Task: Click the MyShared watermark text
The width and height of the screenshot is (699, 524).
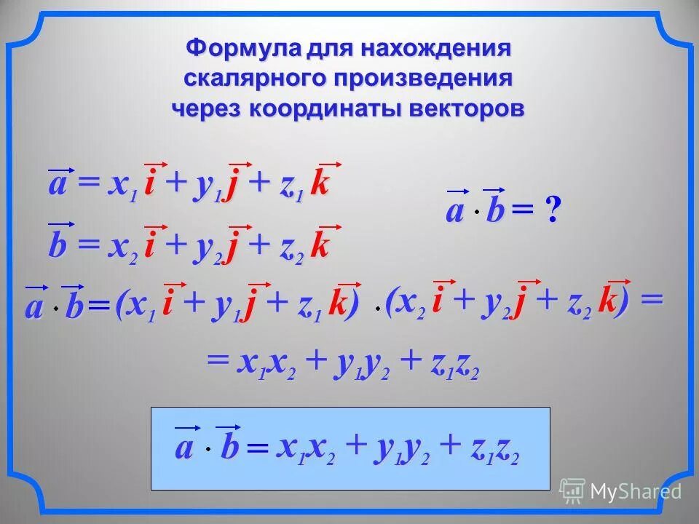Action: [635, 491]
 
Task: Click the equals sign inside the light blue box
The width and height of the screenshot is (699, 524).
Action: [257, 450]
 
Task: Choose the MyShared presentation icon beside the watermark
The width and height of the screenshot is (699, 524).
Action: [572, 490]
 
